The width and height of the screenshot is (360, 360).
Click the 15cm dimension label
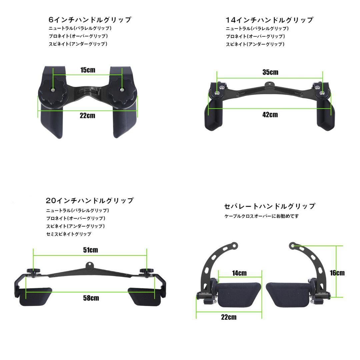[88, 70]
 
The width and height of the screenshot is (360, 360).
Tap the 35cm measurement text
[270, 72]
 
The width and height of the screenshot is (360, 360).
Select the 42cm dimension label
[270, 115]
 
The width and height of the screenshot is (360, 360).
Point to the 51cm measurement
[90, 250]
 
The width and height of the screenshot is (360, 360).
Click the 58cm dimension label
[91, 298]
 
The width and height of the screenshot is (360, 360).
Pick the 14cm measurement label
[239, 273]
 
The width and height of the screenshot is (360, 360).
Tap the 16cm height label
[337, 273]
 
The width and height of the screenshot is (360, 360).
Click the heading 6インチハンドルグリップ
[90, 20]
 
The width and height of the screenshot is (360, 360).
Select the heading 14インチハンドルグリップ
[269, 20]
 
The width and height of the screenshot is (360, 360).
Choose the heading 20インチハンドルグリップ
[90, 201]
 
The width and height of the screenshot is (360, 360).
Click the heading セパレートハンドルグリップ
[270, 206]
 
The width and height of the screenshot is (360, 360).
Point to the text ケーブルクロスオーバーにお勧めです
[262, 216]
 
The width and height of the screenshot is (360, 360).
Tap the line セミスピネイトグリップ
[69, 234]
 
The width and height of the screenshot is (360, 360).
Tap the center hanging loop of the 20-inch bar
[90, 266]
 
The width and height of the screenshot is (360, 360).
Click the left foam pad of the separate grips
[239, 295]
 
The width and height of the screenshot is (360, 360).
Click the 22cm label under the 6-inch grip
[87, 115]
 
